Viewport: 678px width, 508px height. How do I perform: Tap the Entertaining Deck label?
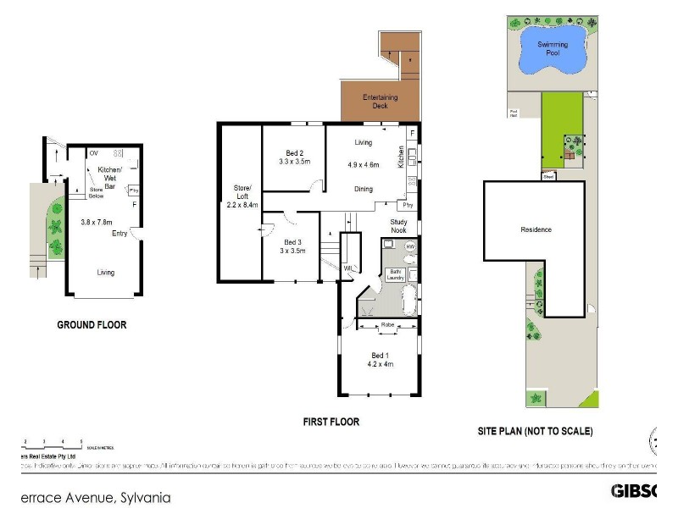[381, 102]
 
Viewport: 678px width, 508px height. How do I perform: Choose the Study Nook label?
[398, 226]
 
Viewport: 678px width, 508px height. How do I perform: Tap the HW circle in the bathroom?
[410, 246]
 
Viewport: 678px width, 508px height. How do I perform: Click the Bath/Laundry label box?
[393, 274]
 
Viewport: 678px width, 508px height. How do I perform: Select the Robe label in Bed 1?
[388, 324]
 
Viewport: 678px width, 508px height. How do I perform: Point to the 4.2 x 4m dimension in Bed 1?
[380, 364]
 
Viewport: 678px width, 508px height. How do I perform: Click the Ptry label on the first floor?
[408, 205]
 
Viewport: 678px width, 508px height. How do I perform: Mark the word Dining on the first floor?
[364, 189]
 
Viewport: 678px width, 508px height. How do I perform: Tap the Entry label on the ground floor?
[119, 233]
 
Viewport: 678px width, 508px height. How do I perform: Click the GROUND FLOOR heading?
[92, 324]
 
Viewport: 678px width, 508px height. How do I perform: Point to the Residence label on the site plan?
[536, 229]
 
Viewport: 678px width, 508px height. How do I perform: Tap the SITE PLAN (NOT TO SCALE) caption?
[535, 431]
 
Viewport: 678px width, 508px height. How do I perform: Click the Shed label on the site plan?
[547, 177]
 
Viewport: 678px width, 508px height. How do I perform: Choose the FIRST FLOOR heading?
[331, 422]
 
